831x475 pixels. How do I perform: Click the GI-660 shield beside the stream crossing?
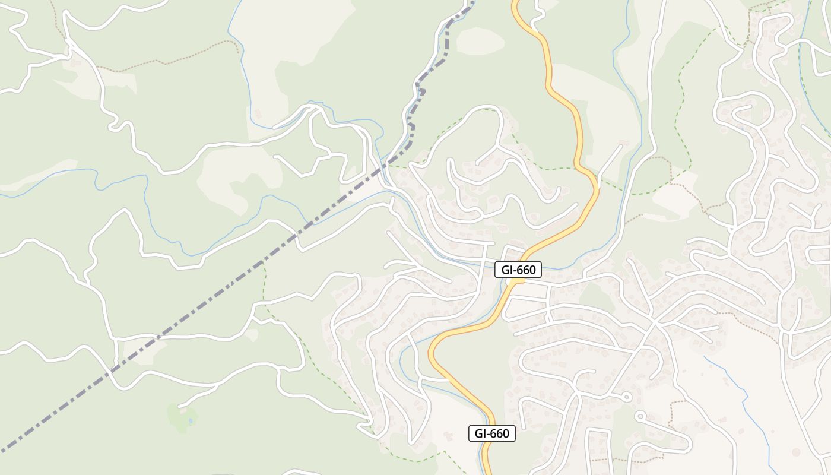point(518,270)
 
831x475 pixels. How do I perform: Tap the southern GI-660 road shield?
point(492,433)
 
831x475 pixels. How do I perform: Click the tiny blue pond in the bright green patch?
point(189,420)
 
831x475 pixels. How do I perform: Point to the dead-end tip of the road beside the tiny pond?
point(179,407)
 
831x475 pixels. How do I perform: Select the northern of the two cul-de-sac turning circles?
point(626,396)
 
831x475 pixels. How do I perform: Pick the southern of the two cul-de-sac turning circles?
point(639,416)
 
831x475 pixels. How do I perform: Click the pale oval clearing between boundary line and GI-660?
point(480,40)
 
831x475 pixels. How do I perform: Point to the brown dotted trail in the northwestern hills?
point(172,59)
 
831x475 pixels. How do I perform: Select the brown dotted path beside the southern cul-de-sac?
point(673,416)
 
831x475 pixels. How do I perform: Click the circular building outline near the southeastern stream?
point(796,452)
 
